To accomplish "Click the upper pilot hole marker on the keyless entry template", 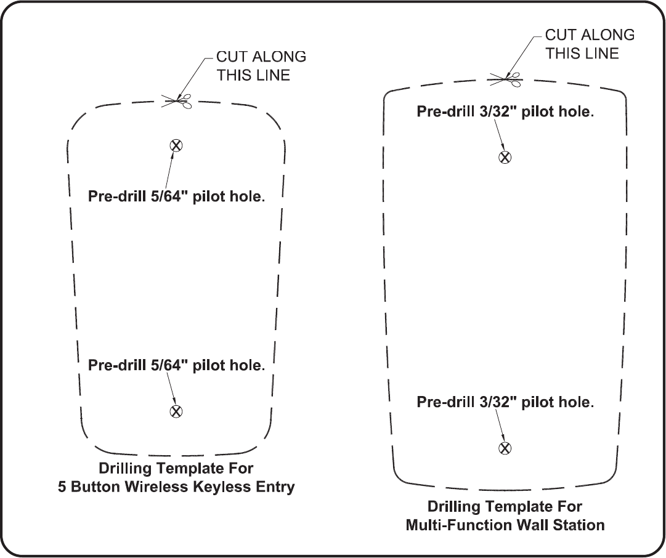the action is [x=176, y=145].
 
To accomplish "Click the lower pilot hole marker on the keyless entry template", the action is [x=176, y=411].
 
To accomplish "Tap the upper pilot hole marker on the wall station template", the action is [x=505, y=156].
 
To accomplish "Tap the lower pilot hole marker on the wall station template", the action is [x=505, y=448].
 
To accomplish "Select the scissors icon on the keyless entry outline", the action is [x=178, y=100].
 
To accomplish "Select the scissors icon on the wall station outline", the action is [x=506, y=78].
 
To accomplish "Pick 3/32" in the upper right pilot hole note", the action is [x=498, y=112].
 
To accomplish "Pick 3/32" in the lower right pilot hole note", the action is [x=498, y=402].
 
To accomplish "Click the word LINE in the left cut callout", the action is [x=272, y=75].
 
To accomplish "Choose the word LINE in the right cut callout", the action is [x=601, y=54].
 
